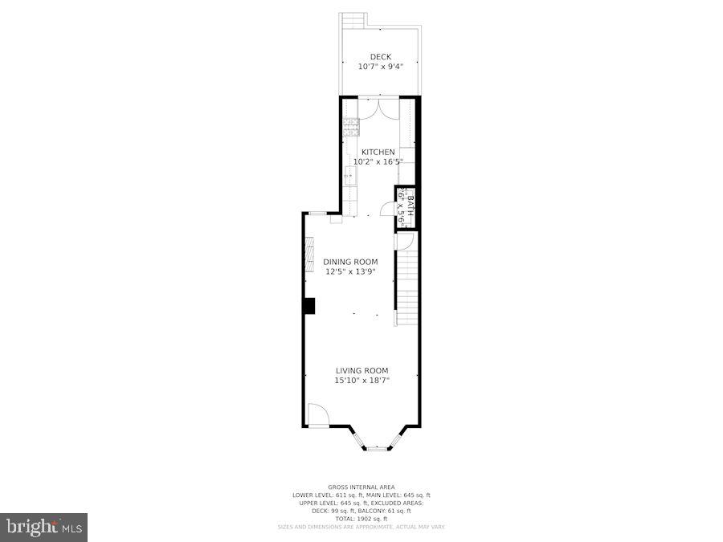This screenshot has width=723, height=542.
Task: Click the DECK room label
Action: coord(380,56)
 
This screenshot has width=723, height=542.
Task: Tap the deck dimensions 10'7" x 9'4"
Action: coord(380,67)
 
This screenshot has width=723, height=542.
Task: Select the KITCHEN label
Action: coord(378,152)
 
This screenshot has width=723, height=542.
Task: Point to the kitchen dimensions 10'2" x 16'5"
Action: coord(378,161)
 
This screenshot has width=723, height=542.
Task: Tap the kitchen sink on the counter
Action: coord(350,174)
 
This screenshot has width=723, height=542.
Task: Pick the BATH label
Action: coord(409,206)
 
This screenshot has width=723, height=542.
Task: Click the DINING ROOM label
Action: coord(350,262)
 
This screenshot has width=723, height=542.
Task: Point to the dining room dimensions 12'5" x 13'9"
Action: coord(350,271)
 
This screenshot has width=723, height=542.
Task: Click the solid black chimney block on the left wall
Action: coord(308,306)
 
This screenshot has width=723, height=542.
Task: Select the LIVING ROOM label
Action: coord(361,371)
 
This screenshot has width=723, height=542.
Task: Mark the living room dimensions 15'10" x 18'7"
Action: coord(361,381)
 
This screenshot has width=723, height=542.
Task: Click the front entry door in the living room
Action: coord(317,415)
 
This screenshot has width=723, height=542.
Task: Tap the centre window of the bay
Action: coord(377,448)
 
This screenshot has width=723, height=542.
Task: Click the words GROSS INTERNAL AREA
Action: coord(361,487)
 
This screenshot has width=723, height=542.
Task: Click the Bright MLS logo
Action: coord(44,527)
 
